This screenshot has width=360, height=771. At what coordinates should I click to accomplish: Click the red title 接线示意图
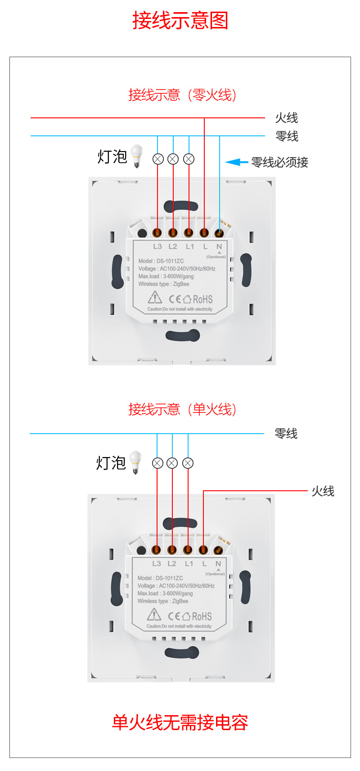pos(180,21)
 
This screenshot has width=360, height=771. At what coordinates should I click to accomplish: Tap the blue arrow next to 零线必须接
pos(236,162)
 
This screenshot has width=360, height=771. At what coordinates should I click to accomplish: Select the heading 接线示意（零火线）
pos(182,95)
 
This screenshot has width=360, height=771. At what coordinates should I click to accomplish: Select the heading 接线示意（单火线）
pos(182,409)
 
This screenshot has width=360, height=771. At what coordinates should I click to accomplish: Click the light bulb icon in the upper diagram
pos(136,156)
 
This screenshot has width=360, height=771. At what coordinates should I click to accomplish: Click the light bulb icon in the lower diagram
pos(135,462)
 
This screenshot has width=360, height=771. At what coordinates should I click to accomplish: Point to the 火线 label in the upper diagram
pos(287,118)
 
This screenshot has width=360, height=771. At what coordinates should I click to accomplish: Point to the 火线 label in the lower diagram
pos(323,491)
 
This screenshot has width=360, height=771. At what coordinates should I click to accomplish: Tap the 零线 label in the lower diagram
pos(286,434)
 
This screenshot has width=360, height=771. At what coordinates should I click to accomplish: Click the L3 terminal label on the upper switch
pos(157,247)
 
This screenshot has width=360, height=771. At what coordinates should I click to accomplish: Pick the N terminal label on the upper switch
pos(219,247)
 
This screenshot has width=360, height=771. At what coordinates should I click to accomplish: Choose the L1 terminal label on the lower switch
pos(189,564)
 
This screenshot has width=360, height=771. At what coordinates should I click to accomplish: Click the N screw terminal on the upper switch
pos(219,233)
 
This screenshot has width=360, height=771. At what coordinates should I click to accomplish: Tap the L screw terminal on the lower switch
pos(203,550)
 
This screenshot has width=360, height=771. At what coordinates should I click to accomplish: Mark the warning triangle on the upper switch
pos(155,297)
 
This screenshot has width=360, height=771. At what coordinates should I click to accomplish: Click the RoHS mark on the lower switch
pos(202,616)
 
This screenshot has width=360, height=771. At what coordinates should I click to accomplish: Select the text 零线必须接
pos(279,162)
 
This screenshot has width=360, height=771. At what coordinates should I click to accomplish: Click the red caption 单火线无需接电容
pos(180,722)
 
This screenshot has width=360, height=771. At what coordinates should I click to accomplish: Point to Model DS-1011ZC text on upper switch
pos(161,261)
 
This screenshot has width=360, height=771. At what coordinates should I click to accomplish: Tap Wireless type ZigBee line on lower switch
pos(163,601)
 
